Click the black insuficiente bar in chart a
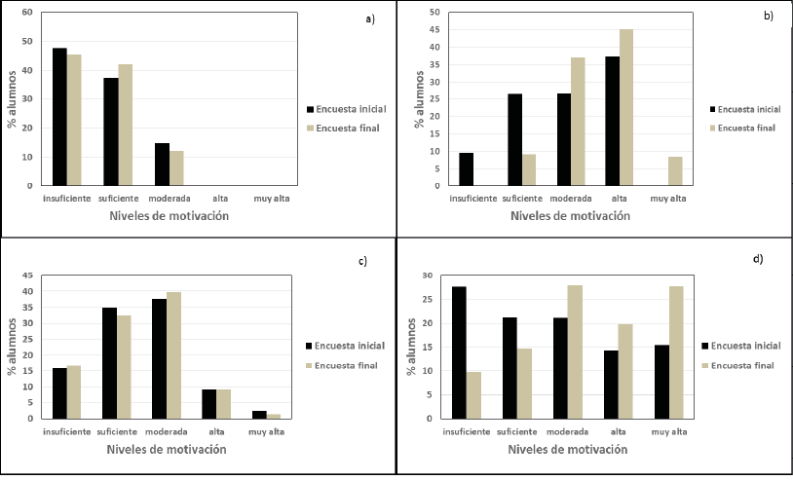(x=59, y=117)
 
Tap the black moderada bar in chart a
(x=162, y=165)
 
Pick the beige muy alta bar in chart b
(x=675, y=171)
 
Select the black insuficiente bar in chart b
(x=466, y=169)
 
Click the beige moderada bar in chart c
(x=174, y=355)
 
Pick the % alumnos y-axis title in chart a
(x=12, y=100)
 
